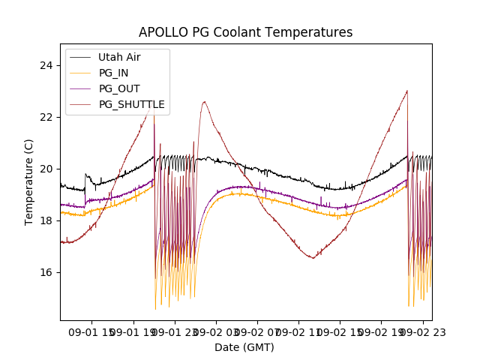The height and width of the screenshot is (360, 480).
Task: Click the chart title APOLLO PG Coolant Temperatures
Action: point(245,32)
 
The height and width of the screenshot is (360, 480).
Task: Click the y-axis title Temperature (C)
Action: point(30,181)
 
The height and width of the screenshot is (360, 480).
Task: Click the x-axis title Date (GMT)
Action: point(244,347)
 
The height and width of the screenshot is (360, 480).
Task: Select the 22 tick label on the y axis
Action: point(46,117)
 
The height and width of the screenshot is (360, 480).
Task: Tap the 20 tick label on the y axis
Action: point(46,169)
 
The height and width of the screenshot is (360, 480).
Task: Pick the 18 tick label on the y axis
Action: point(46,220)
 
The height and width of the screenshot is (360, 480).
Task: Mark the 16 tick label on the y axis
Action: point(46,272)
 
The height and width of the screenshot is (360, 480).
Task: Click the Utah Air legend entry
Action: point(119,57)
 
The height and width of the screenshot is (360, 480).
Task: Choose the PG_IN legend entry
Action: point(114,73)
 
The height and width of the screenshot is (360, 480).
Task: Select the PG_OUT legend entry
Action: point(119,88)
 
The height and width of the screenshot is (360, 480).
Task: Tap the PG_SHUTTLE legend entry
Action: point(132,104)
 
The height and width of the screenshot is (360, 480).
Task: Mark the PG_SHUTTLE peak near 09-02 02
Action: point(204,102)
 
